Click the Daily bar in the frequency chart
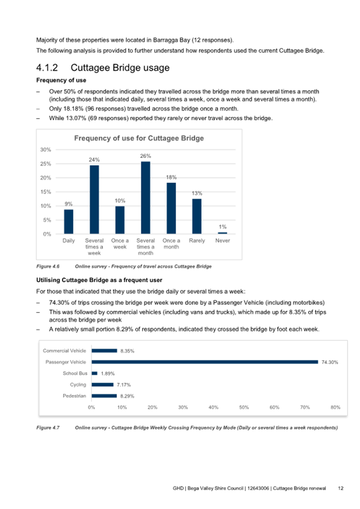pyautogui.click(x=69, y=221)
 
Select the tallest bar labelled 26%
pyautogui.click(x=146, y=197)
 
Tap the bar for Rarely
pyautogui.click(x=197, y=216)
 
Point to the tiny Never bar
pyautogui.click(x=222, y=233)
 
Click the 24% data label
pyautogui.click(x=94, y=160)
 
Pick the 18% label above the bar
pyautogui.click(x=171, y=177)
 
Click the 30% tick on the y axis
pyautogui.click(x=46, y=150)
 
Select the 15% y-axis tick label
pyautogui.click(x=46, y=192)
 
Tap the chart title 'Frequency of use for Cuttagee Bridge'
pyautogui.click(x=139, y=138)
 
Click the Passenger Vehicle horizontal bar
pyautogui.click(x=205, y=362)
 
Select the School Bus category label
pyautogui.click(x=76, y=373)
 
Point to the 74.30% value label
pyautogui.click(x=330, y=362)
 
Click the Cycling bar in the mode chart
pyautogui.click(x=102, y=385)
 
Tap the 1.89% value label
pyautogui.click(x=108, y=373)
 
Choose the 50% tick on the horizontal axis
pyautogui.click(x=244, y=407)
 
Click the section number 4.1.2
pyautogui.click(x=50, y=68)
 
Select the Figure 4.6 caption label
pyautogui.click(x=47, y=266)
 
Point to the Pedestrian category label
pyautogui.click(x=75, y=396)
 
